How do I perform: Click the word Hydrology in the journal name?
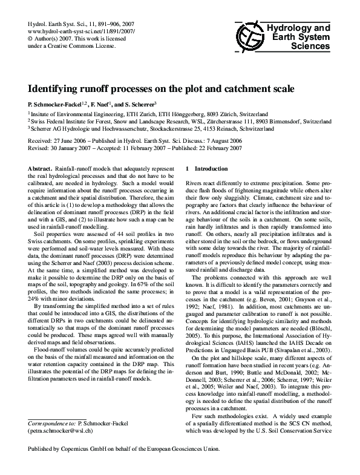292,29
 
